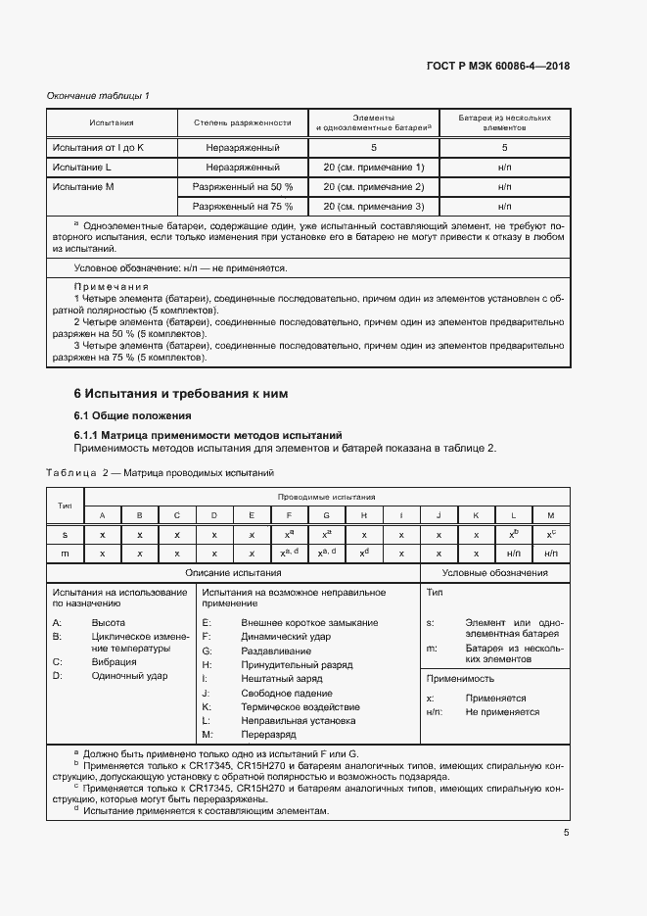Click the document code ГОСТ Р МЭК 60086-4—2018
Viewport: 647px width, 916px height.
tap(498, 67)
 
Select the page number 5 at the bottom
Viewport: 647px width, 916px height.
tap(566, 833)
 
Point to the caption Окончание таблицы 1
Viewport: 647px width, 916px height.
tap(99, 95)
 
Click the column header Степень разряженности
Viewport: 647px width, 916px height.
tap(236, 122)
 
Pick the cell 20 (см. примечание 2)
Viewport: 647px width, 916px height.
tap(373, 186)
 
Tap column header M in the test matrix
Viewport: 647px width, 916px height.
tap(550, 515)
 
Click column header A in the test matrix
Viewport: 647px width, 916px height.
tap(102, 515)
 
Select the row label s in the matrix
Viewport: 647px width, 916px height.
tap(65, 535)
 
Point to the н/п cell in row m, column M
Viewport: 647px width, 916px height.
tap(550, 554)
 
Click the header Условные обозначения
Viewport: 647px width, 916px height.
tap(494, 573)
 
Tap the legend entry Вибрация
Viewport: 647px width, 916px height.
tap(114, 662)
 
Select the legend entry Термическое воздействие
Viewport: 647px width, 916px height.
tap(300, 706)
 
